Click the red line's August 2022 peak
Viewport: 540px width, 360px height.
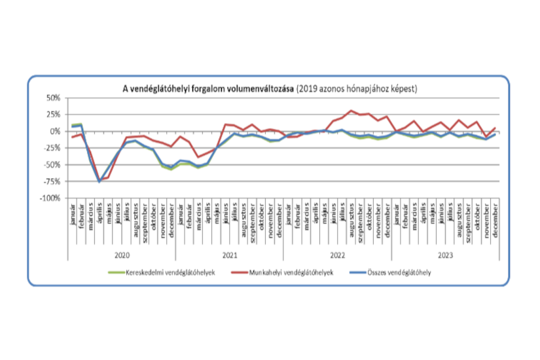(x=351, y=111)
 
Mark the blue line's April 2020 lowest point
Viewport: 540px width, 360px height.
(x=99, y=181)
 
